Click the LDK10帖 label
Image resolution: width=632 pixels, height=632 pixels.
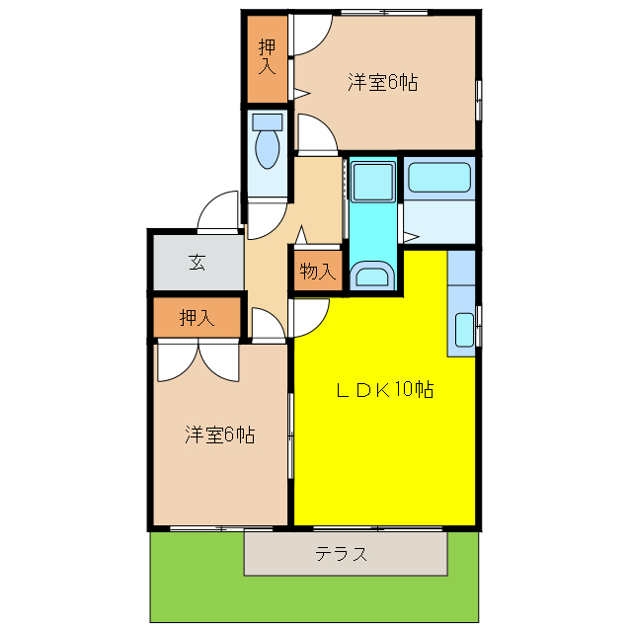tap(384, 389)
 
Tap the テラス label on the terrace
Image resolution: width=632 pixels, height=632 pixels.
tap(342, 554)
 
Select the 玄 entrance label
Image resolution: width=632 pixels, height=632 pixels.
tap(197, 263)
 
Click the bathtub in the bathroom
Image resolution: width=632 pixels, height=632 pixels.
tap(438, 178)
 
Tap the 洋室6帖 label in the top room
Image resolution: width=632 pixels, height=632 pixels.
tap(382, 83)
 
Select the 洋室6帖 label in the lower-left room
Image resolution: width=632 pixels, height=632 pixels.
tap(219, 434)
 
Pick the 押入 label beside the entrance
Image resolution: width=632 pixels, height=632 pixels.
tap(197, 318)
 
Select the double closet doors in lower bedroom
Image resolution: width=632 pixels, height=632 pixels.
tap(197, 361)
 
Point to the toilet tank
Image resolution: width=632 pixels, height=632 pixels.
tap(267, 122)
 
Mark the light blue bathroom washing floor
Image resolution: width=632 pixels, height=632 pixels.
tap(438, 221)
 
